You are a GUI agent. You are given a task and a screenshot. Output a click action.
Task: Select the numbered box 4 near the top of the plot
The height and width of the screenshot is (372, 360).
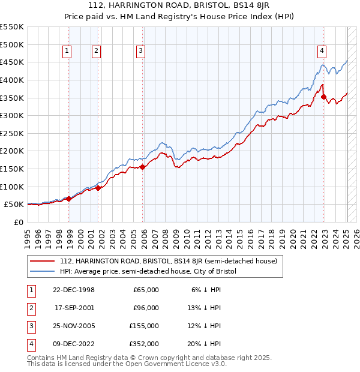click(322, 52)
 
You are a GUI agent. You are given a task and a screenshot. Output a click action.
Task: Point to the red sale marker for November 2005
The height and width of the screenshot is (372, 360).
click(143, 167)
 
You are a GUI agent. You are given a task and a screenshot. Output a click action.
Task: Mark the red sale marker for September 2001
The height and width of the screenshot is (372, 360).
click(98, 188)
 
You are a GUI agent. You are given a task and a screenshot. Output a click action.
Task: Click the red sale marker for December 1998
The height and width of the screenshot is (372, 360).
click(69, 199)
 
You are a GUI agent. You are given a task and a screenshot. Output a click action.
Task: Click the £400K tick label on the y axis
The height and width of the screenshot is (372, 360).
click(12, 80)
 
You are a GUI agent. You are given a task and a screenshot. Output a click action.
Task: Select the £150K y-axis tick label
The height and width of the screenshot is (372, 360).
click(12, 169)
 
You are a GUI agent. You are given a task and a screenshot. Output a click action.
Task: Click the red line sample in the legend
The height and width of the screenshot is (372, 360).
click(43, 262)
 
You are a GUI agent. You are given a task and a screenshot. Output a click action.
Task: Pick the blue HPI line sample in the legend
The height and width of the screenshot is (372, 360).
click(43, 272)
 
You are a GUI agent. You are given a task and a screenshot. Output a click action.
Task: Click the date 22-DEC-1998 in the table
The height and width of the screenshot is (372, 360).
click(74, 290)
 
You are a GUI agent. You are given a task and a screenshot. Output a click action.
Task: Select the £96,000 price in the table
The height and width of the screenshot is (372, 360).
click(146, 308)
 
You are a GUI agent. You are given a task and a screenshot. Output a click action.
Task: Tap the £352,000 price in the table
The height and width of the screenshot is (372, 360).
click(144, 344)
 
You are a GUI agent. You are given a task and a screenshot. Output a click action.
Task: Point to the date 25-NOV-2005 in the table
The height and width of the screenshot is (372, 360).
click(74, 326)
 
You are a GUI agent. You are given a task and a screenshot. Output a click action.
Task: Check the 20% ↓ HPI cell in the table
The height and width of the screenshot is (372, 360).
click(206, 344)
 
